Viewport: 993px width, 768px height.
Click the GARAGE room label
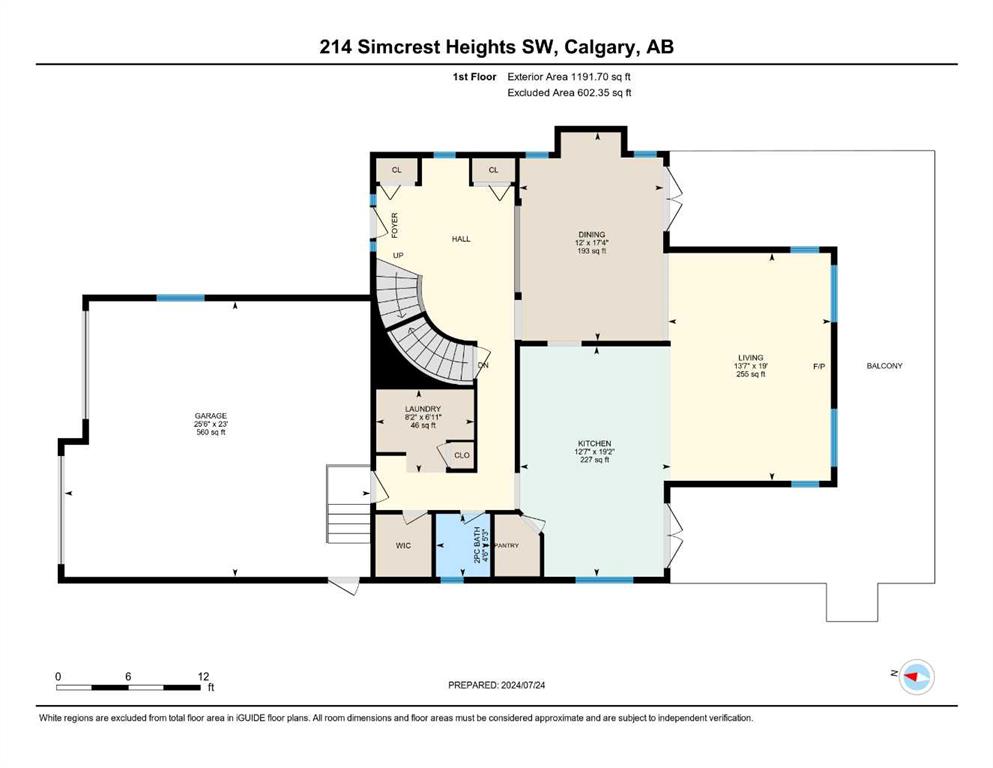[210, 416]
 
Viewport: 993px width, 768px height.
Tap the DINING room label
[591, 234]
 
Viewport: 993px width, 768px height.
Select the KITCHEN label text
[594, 443]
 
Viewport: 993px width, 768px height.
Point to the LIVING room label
[750, 357]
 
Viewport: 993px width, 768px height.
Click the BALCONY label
[885, 366]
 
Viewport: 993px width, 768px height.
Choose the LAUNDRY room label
[422, 409]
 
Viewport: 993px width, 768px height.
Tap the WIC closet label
[403, 545]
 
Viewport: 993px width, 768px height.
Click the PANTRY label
[507, 545]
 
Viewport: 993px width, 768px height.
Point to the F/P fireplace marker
[819, 366]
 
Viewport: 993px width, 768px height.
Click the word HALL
[461, 239]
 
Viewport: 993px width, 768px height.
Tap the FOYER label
[395, 225]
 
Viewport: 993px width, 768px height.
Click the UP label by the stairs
[398, 255]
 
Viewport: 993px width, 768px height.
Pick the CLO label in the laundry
[462, 455]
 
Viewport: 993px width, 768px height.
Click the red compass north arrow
[912, 677]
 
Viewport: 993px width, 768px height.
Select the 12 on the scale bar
[203, 676]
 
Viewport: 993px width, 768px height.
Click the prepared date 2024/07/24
[523, 685]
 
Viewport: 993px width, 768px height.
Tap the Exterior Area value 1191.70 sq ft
[601, 77]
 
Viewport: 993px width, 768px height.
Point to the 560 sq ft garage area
[210, 432]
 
